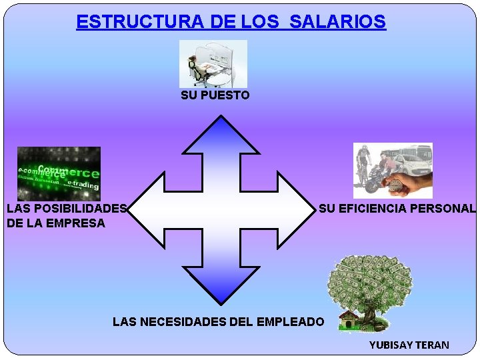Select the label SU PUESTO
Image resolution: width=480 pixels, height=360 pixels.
click(215, 95)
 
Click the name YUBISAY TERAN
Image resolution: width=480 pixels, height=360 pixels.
click(409, 345)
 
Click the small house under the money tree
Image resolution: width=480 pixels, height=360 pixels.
click(349, 320)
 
